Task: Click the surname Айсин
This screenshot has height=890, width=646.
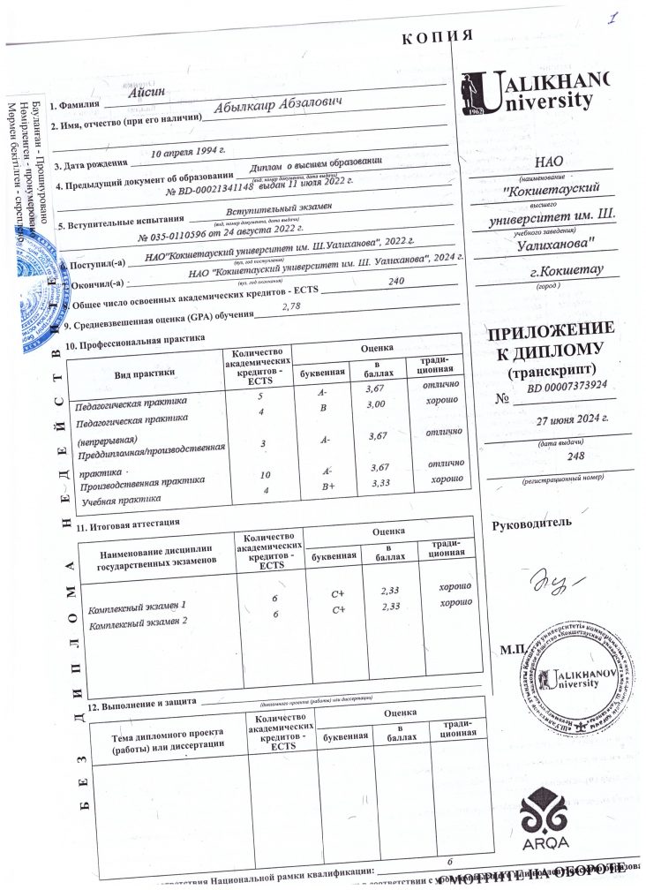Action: pyautogui.click(x=140, y=92)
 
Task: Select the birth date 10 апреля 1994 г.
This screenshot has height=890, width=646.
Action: pyautogui.click(x=189, y=153)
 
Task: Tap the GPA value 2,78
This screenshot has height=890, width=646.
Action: pyautogui.click(x=290, y=306)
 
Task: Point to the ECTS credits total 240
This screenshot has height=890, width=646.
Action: pyautogui.click(x=395, y=281)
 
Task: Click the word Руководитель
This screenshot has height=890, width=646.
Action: pyautogui.click(x=531, y=522)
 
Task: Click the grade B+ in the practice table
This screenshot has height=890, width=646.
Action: pyautogui.click(x=327, y=485)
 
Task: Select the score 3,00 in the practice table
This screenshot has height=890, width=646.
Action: pyautogui.click(x=378, y=404)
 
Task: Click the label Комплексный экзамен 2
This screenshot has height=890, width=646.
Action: pyautogui.click(x=140, y=622)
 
